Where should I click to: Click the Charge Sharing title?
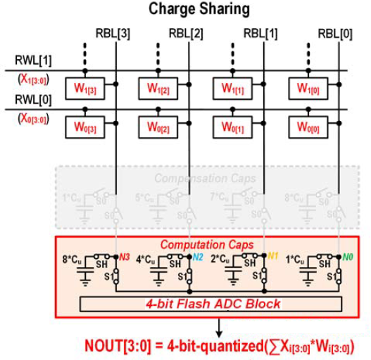pos(199,10)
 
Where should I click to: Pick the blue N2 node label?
pos(198,257)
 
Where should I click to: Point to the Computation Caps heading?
pos(198,246)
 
